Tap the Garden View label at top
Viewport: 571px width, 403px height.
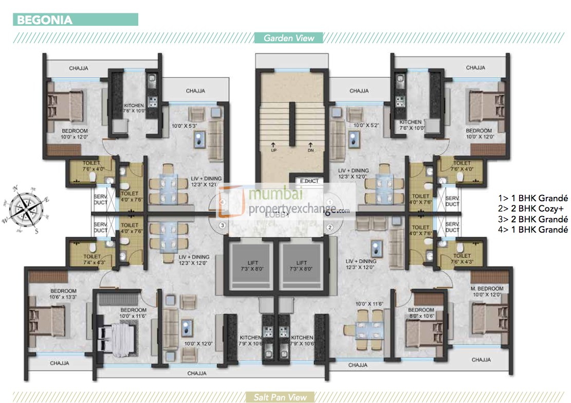[x=288, y=38]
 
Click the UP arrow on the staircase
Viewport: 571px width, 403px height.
[x=273, y=147]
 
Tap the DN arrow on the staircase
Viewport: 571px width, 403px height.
[x=310, y=147]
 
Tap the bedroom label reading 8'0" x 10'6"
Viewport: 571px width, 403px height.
[x=421, y=313]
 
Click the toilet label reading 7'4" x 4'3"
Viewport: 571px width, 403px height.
[x=91, y=258]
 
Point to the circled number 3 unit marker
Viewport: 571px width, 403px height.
[x=222, y=225]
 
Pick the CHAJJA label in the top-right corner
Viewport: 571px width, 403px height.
[x=475, y=67]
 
